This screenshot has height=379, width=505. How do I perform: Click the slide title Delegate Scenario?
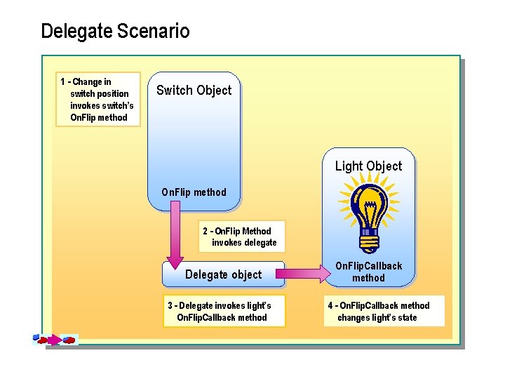(115, 32)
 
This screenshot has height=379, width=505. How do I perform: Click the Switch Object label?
(194, 90)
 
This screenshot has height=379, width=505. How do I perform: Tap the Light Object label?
(368, 166)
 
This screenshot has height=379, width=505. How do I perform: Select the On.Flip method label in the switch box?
(194, 192)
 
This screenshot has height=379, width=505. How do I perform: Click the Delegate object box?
(223, 274)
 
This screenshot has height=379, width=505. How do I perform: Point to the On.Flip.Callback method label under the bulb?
(368, 272)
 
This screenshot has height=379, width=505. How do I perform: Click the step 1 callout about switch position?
(98, 100)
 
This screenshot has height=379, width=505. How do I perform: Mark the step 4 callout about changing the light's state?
(385, 311)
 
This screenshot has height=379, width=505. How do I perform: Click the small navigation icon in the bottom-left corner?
(55, 340)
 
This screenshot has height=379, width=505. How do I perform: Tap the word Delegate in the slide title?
(77, 32)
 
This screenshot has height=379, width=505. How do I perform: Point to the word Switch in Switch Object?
(174, 90)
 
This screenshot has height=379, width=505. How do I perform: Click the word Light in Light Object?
(349, 166)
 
